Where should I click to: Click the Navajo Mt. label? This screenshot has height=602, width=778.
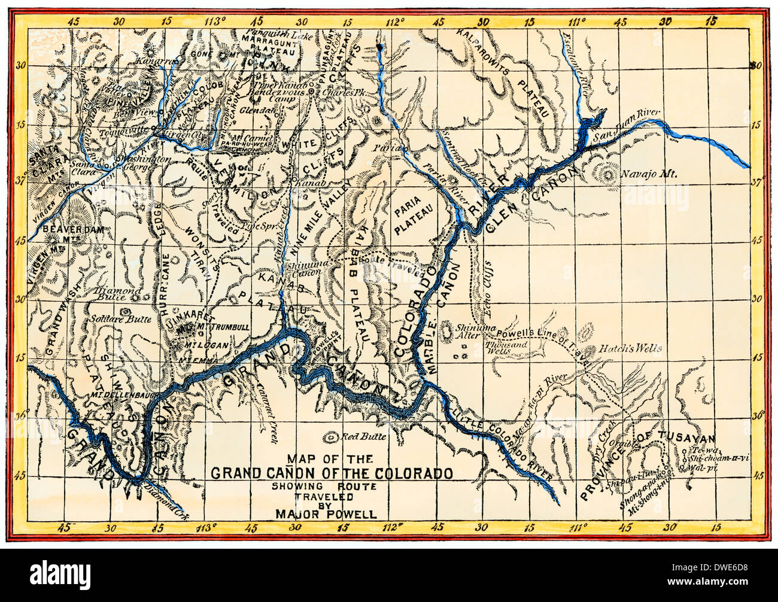click(x=649, y=175)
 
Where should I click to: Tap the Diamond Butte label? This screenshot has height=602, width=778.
click(x=118, y=293)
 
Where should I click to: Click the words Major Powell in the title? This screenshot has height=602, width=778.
click(x=326, y=513)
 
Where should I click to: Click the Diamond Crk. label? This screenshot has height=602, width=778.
click(x=163, y=494)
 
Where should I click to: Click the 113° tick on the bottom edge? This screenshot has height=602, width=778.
click(x=205, y=528)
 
